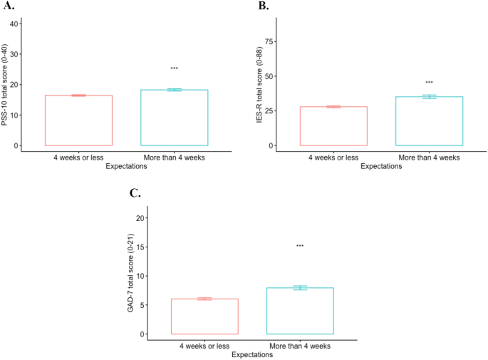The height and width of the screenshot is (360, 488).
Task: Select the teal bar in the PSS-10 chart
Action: (175, 118)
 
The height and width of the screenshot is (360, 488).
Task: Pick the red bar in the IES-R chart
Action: (333, 125)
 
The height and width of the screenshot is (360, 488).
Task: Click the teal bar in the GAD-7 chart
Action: (300, 311)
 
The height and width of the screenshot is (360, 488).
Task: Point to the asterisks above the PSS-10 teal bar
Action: (175, 68)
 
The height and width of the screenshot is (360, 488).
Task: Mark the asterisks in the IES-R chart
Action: (429, 83)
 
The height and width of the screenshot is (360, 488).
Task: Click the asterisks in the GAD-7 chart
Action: (300, 247)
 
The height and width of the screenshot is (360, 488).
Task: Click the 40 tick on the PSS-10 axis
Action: (15, 23)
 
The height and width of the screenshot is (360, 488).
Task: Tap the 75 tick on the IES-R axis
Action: (269, 41)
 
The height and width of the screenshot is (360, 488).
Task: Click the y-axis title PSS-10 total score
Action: (5, 84)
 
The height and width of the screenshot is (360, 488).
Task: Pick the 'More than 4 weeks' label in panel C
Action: (300, 346)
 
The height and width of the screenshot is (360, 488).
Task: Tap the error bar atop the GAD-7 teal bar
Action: (300, 287)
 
